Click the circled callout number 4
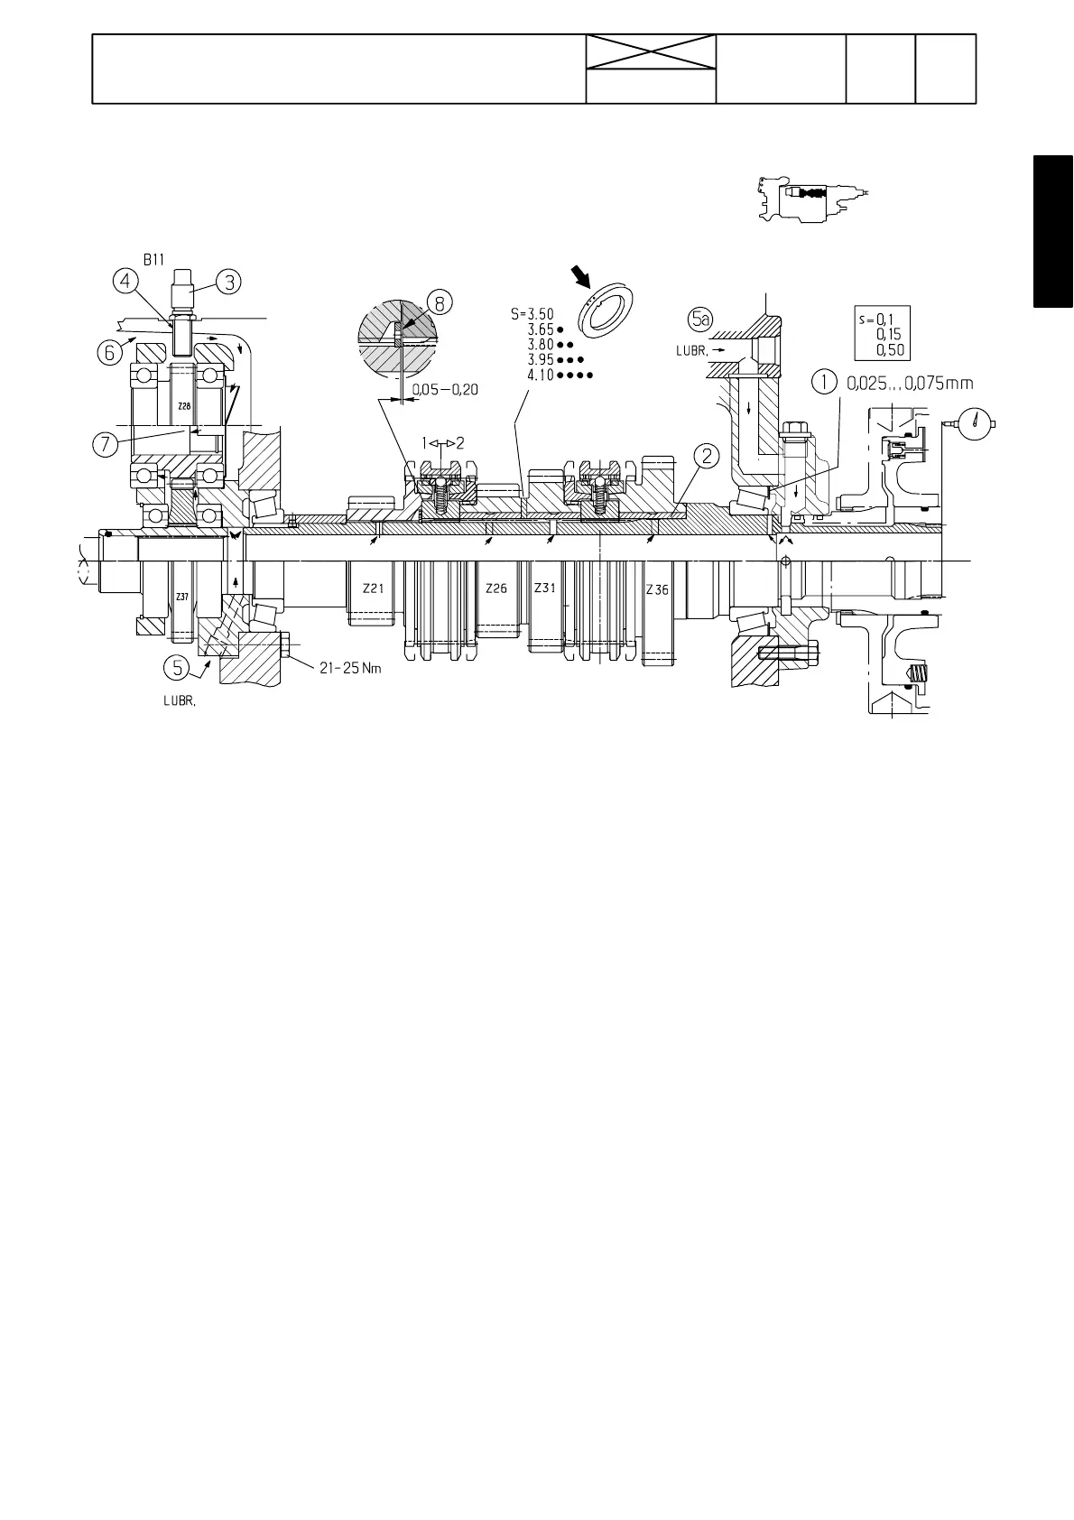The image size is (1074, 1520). (x=125, y=283)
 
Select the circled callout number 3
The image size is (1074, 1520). (x=229, y=283)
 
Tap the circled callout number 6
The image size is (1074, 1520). (x=109, y=352)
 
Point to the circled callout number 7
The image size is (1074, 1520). (x=106, y=444)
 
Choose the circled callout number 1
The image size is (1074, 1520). (x=824, y=383)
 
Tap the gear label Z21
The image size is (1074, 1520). (x=373, y=588)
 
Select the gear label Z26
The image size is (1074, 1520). (x=495, y=588)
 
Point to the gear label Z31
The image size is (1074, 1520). (x=544, y=588)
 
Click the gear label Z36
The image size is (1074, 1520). (x=657, y=589)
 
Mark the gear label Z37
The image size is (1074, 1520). (x=182, y=597)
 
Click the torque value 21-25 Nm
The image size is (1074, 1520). (x=351, y=668)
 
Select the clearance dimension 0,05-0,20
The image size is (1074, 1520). (x=445, y=389)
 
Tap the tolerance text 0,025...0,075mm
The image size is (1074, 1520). (x=910, y=383)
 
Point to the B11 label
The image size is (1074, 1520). (x=154, y=258)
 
